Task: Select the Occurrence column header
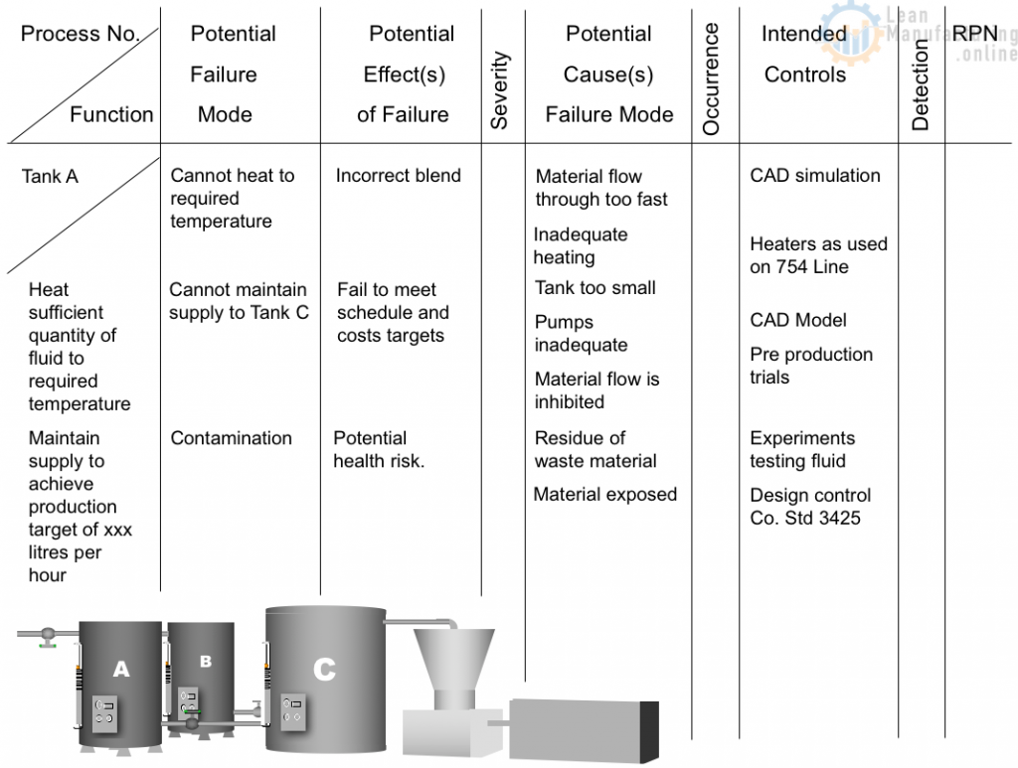pyautogui.click(x=711, y=78)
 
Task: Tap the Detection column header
pyautogui.click(x=920, y=85)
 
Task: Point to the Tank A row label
pyautogui.click(x=50, y=177)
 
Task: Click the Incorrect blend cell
pyautogui.click(x=398, y=176)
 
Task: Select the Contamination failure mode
pyautogui.click(x=231, y=438)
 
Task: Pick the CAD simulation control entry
pyautogui.click(x=814, y=176)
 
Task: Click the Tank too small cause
pyautogui.click(x=594, y=288)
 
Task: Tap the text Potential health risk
pyautogui.click(x=379, y=449)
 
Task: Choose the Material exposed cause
pyautogui.click(x=604, y=495)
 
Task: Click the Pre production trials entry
pyautogui.click(x=810, y=366)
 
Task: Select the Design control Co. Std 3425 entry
pyautogui.click(x=809, y=507)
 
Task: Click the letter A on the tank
pyautogui.click(x=120, y=670)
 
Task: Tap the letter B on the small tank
pyautogui.click(x=205, y=661)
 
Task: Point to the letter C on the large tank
pyautogui.click(x=324, y=670)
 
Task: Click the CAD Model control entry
pyautogui.click(x=798, y=320)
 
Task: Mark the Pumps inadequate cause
pyautogui.click(x=581, y=334)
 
